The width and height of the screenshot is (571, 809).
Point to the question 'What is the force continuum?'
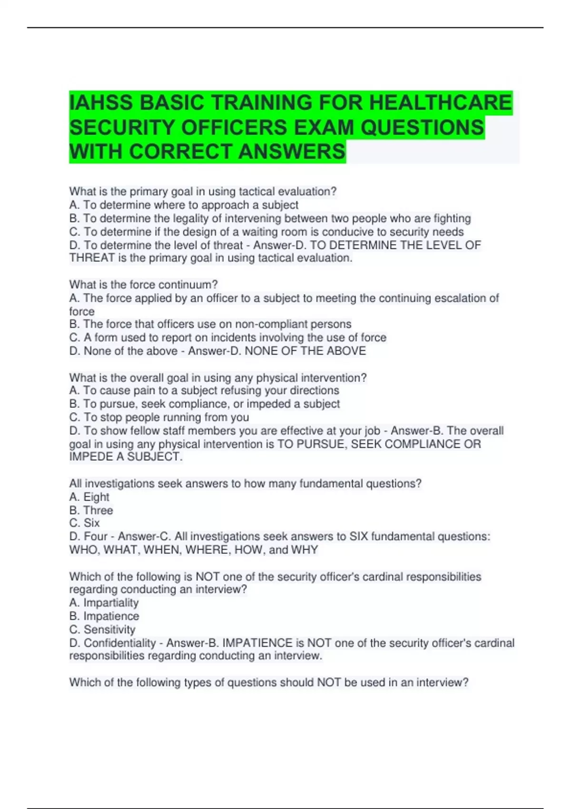click(143, 285)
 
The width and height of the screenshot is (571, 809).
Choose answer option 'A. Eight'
click(89, 497)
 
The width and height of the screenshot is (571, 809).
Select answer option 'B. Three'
click(91, 510)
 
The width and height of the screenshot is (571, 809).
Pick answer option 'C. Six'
click(85, 523)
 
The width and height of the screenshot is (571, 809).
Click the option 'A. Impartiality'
click(104, 602)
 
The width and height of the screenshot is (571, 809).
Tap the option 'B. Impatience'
click(104, 616)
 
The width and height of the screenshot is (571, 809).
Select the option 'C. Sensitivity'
click(102, 629)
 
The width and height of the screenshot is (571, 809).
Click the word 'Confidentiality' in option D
click(120, 643)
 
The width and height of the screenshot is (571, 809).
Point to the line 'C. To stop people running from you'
click(159, 417)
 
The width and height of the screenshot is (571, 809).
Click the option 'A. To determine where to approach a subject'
click(184, 205)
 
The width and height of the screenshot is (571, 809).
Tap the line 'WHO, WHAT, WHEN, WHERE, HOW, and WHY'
click(193, 550)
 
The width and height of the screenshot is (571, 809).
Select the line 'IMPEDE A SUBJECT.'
click(126, 457)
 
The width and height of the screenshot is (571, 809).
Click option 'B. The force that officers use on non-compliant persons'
click(210, 324)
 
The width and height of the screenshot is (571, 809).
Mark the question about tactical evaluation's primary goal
click(203, 191)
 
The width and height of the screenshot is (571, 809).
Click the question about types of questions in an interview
click(269, 682)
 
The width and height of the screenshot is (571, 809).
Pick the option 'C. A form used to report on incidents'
click(227, 337)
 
